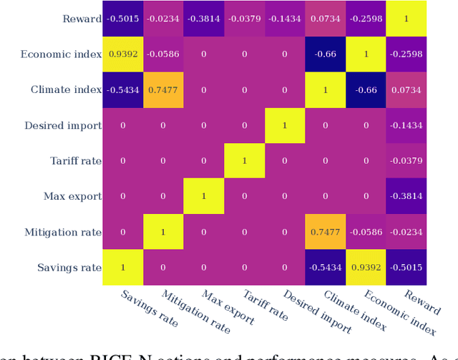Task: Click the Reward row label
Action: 82,19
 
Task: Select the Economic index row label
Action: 61,54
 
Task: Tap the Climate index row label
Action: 66,90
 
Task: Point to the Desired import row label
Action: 63,126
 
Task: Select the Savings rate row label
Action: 69,268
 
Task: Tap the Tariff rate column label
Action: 265,305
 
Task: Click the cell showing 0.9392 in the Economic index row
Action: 122,54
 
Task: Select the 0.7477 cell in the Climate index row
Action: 163,90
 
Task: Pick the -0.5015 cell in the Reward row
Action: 122,19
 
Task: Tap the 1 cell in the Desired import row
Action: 284,126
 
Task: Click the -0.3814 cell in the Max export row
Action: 406,197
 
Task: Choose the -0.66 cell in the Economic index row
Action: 325,54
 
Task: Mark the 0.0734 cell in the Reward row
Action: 325,19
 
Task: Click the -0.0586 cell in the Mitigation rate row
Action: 366,233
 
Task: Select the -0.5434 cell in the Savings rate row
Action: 325,268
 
